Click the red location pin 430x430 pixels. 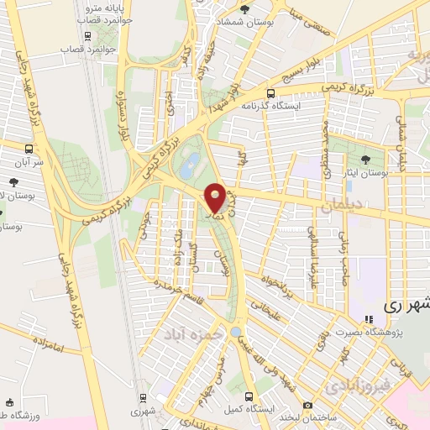point(215,197)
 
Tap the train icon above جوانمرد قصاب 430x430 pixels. point(87,36)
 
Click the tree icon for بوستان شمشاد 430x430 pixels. point(244,9)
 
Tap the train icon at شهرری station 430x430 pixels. point(143,397)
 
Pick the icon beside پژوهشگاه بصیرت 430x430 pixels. point(368,319)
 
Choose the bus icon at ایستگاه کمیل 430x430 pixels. point(247,396)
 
